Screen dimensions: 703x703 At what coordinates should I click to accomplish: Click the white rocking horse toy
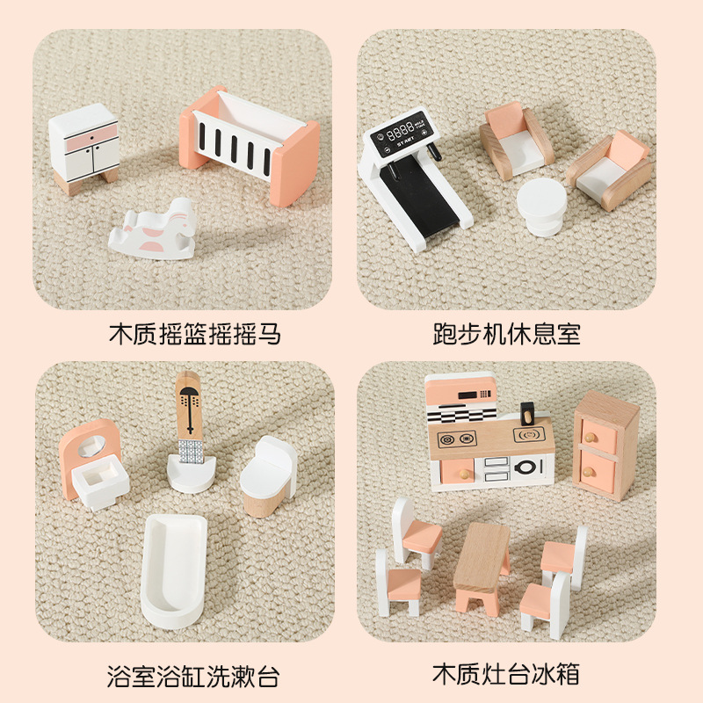coord(153,230)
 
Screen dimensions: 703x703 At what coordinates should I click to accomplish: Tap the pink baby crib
coord(250,145)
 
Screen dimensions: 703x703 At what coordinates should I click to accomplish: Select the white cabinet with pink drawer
coord(84,148)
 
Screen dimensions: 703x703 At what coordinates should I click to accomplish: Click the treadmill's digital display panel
coord(399,134)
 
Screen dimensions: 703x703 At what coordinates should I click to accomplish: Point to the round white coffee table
coord(541,207)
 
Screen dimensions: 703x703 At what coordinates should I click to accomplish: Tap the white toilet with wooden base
coord(268,476)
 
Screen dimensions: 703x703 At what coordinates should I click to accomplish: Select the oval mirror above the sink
coord(92,446)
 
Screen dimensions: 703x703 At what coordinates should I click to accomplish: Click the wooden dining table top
coord(482,555)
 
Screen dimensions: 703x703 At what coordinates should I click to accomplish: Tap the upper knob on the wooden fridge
coord(590,436)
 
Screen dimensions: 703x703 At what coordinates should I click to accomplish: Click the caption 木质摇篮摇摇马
coord(194,335)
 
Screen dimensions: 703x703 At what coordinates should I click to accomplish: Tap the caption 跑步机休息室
coord(507,335)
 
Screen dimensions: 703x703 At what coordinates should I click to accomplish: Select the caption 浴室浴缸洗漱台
coord(193,677)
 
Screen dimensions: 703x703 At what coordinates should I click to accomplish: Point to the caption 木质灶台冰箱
coord(506,674)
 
